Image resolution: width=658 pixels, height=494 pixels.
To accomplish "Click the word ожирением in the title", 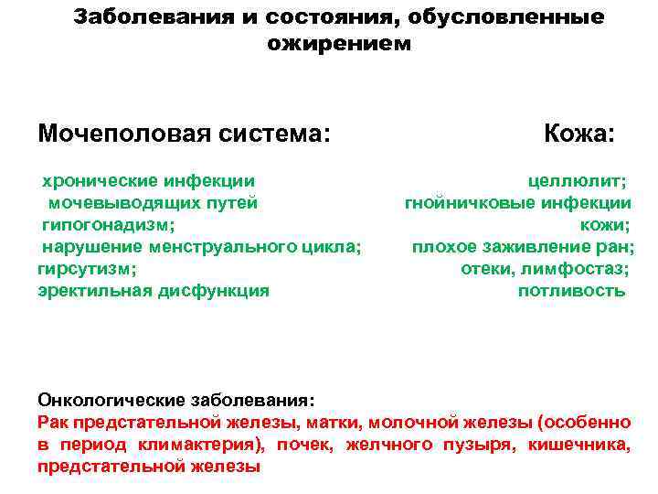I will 339,43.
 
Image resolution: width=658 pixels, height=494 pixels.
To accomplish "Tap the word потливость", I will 572,291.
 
